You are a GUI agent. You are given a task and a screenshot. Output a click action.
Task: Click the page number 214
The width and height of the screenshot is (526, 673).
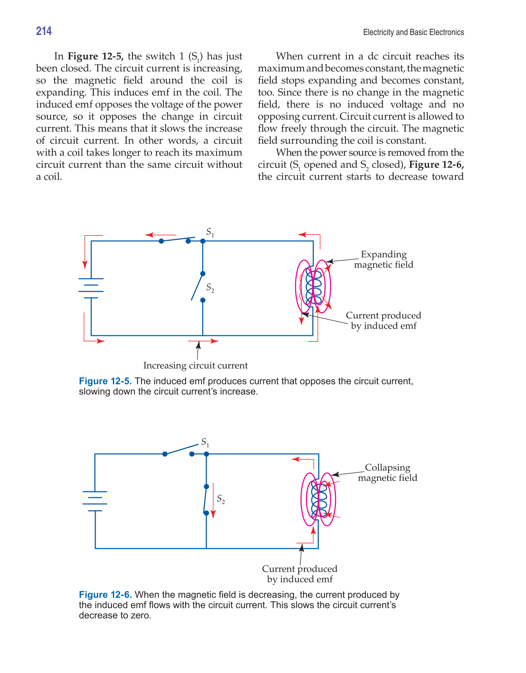pyautogui.click(x=44, y=31)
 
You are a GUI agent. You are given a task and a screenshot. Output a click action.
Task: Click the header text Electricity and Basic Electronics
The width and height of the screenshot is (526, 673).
pyautogui.click(x=413, y=32)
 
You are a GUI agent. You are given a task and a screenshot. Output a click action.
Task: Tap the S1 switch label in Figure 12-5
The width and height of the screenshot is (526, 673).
pyautogui.click(x=210, y=232)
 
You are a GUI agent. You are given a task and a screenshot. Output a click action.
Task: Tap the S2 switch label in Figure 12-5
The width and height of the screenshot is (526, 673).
pyautogui.click(x=210, y=288)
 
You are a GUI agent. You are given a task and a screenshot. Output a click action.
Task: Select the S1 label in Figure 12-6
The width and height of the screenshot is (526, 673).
pyautogui.click(x=205, y=442)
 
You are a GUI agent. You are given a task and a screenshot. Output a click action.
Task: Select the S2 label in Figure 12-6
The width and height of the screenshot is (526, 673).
pyautogui.click(x=221, y=499)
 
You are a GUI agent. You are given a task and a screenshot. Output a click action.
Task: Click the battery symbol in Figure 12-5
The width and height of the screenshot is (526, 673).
pyautogui.click(x=91, y=288)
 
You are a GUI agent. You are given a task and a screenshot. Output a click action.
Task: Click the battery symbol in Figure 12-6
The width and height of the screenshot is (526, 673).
pyautogui.click(x=95, y=501)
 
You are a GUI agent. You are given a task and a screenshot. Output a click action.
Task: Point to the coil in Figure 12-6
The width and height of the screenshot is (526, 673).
pyautogui.click(x=319, y=499)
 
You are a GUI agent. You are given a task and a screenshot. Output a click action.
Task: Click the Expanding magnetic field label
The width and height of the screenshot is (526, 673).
pyautogui.click(x=384, y=259)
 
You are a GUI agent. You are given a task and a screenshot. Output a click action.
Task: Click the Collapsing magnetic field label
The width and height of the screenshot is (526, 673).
pyautogui.click(x=387, y=473)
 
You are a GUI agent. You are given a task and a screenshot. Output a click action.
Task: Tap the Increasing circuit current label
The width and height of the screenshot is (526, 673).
pyautogui.click(x=195, y=365)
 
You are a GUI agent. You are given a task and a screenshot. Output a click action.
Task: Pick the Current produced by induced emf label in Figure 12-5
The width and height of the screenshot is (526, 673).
pyautogui.click(x=383, y=320)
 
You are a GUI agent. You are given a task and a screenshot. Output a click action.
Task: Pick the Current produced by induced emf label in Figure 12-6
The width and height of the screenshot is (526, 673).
pyautogui.click(x=299, y=574)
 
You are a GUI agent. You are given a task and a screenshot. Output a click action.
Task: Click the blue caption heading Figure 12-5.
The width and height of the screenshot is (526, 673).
pyautogui.click(x=105, y=381)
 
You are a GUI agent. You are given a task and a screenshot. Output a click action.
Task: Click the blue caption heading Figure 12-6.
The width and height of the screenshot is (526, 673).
pyautogui.click(x=105, y=595)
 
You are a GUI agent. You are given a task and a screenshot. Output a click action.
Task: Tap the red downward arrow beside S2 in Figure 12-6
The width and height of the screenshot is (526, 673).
pyautogui.click(x=213, y=500)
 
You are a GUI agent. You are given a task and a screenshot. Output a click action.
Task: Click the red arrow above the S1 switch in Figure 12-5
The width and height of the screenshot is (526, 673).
pyautogui.click(x=155, y=235)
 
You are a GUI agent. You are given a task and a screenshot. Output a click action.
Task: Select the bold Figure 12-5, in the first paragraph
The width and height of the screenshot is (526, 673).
pyautogui.click(x=96, y=56)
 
